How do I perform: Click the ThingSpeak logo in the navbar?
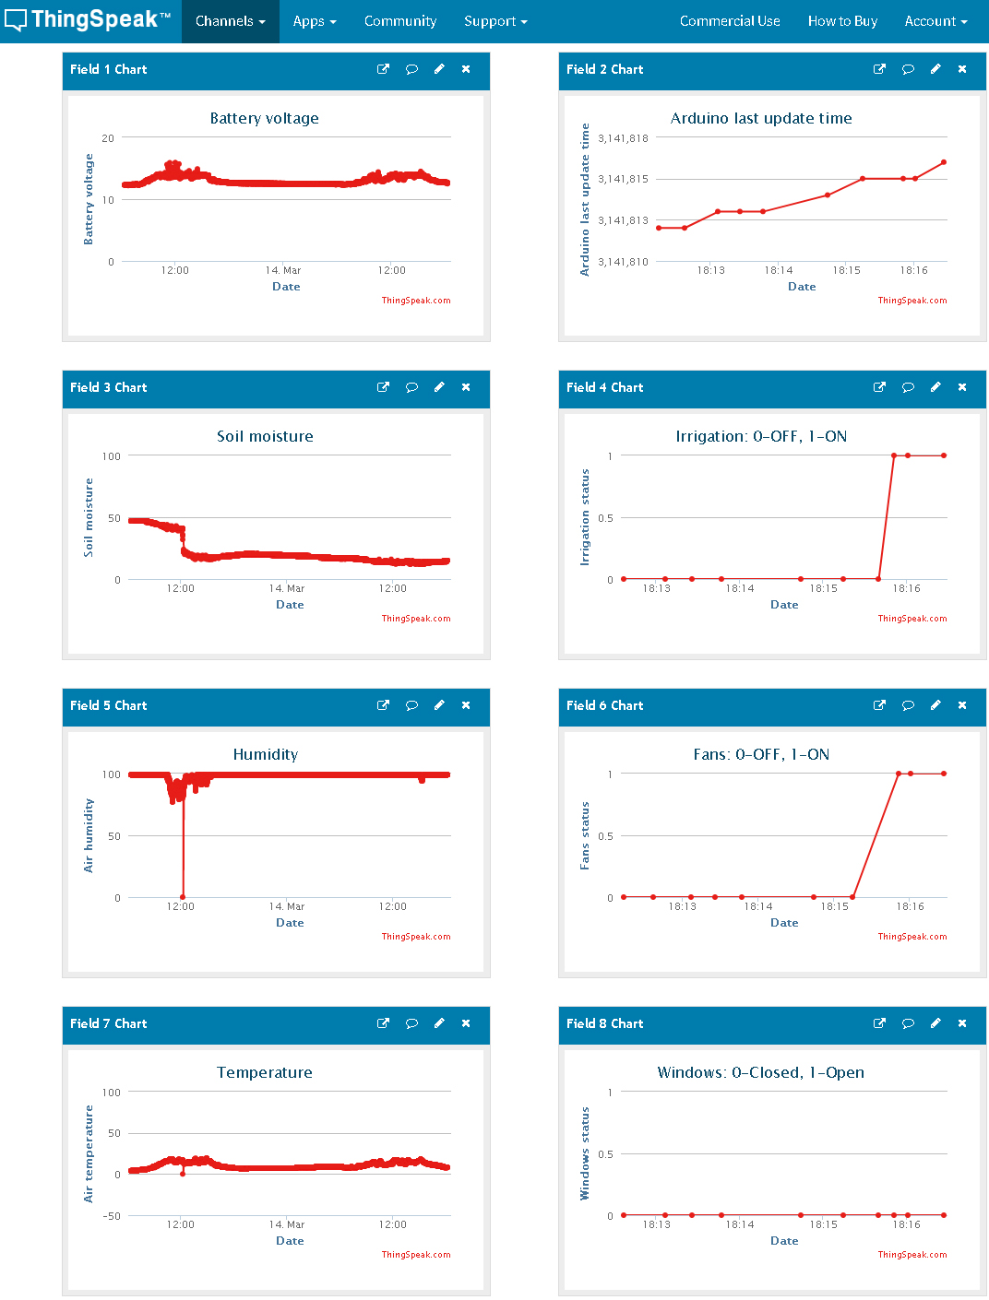point(88,20)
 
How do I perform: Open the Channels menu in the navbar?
point(230,21)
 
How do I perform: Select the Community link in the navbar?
point(399,21)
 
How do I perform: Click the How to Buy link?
point(842,21)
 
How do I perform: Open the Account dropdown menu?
point(935,21)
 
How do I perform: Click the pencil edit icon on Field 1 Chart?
point(439,69)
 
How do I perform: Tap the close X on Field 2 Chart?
point(962,69)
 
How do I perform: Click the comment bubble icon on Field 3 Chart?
point(411,387)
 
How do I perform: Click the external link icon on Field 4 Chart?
point(879,387)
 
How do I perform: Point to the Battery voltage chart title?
point(264,118)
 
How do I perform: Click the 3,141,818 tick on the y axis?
point(623,138)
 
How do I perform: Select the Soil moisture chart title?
point(265,436)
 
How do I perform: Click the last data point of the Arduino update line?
point(944,162)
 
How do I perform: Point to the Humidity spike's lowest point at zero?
point(183,896)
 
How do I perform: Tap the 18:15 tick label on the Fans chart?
point(834,906)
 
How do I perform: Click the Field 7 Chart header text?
point(108,1023)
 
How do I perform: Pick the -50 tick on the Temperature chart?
point(112,1216)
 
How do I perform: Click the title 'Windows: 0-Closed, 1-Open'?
point(760,1072)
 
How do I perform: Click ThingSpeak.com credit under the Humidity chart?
point(416,937)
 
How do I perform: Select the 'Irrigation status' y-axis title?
point(584,517)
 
